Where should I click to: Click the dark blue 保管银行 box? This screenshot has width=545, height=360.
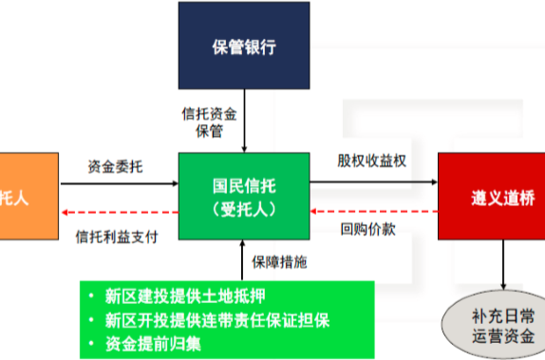(245, 46)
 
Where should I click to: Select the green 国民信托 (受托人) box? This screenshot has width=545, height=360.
(245, 199)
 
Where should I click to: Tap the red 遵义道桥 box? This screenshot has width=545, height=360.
(490, 198)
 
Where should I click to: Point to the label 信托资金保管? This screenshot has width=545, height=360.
(210, 121)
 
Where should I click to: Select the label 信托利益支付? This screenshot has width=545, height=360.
(116, 236)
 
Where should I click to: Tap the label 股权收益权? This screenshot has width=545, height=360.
(372, 161)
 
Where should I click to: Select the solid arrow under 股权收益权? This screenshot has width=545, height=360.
(373, 182)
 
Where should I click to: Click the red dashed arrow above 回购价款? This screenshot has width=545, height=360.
(373, 212)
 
